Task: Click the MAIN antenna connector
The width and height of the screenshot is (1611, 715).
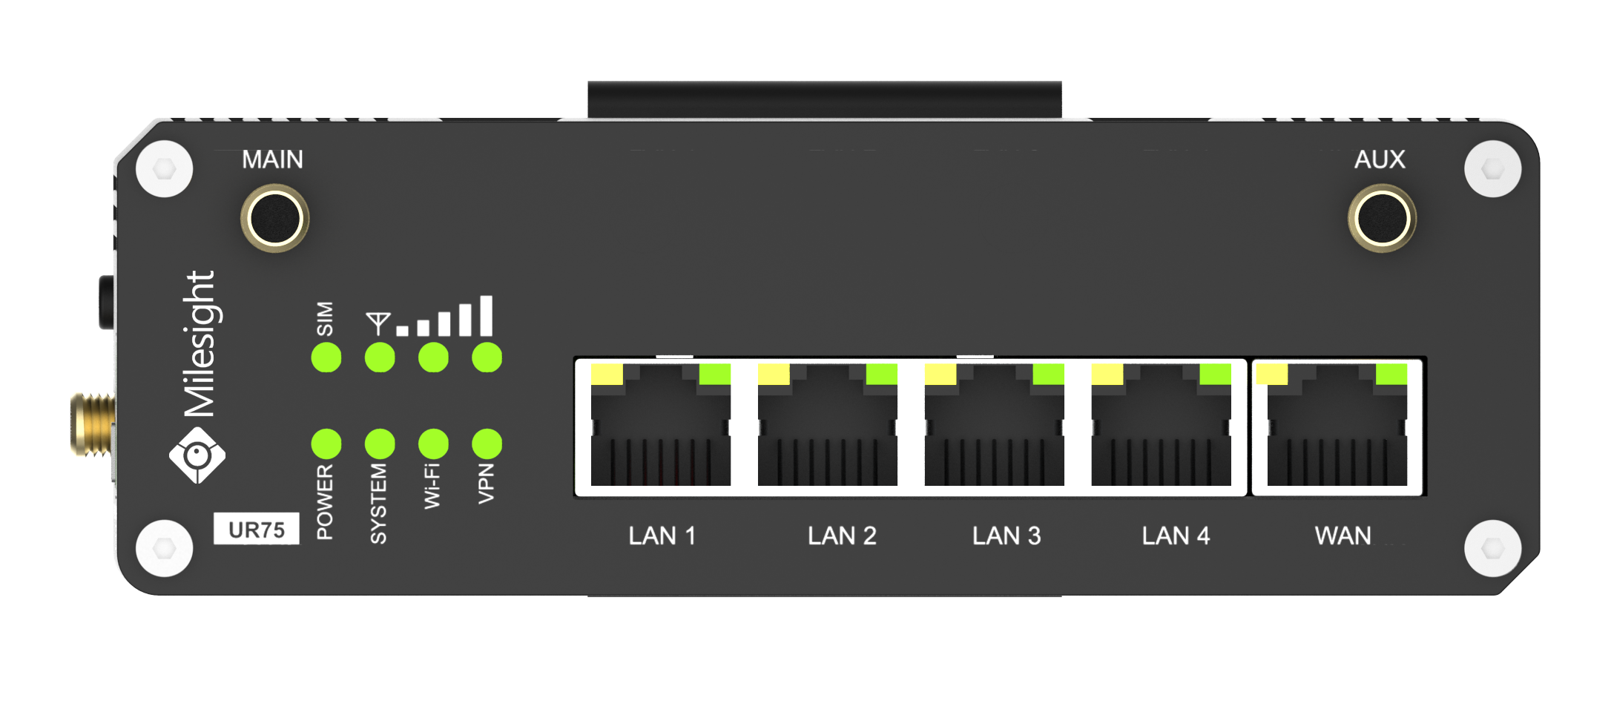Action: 275,218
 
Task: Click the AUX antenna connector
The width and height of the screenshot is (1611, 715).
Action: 1381,218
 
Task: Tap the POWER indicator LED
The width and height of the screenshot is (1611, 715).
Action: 326,444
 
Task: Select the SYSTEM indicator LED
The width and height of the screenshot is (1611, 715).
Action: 380,444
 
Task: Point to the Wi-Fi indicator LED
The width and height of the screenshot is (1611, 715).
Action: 433,444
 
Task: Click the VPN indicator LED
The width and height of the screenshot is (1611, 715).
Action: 487,444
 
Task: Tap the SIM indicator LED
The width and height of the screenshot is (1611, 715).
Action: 326,357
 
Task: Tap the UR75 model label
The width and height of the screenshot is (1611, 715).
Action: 257,530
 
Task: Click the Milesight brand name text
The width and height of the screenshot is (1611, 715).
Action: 200,343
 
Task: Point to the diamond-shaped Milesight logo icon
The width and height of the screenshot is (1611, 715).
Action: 197,455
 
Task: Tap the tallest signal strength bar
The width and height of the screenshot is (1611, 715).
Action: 486,316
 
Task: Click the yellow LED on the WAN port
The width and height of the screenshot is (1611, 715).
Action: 1272,374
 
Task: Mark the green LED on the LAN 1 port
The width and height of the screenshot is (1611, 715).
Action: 715,374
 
